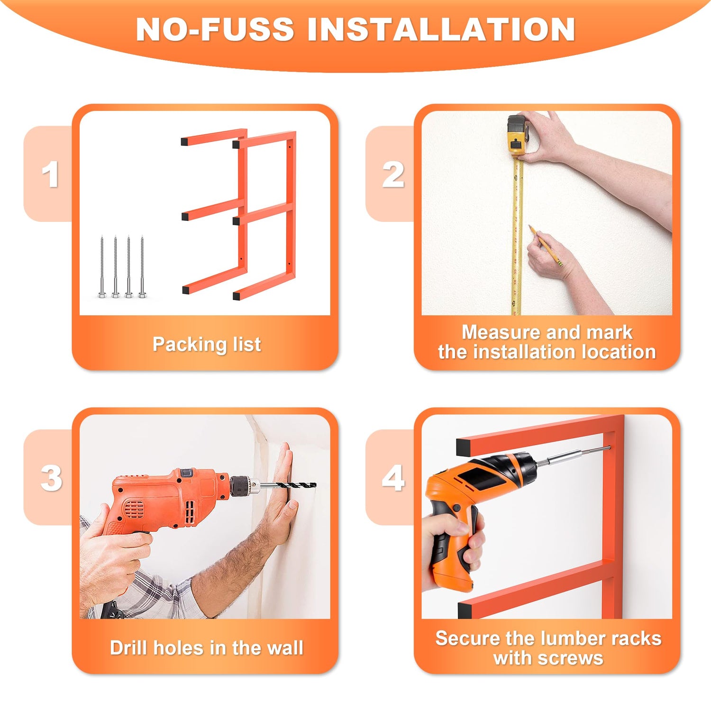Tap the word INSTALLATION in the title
[x=441, y=29]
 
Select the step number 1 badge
[x=50, y=174]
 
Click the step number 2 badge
[x=393, y=174]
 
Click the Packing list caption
[x=207, y=345]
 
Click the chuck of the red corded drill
[x=243, y=486]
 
